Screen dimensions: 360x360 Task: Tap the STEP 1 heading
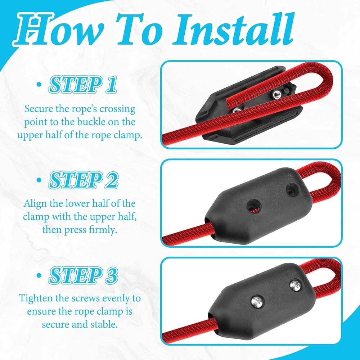pos(83,85)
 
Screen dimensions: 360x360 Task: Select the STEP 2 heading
pos(84,180)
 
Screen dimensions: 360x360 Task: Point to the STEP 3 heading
pos(84,275)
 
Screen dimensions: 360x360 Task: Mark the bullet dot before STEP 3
pos(39,275)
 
